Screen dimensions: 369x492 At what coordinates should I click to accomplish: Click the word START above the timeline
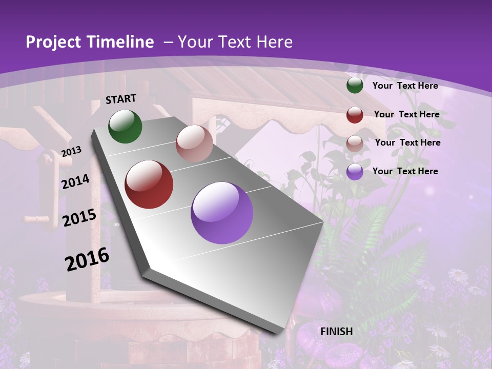point(121,99)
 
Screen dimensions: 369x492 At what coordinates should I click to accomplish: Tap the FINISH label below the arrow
point(337,332)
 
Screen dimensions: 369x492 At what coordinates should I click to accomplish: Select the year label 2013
point(71,151)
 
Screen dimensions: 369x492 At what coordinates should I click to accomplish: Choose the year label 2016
point(87,259)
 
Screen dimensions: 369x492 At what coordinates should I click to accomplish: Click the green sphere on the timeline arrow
point(125,126)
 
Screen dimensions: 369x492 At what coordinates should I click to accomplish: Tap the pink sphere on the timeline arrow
point(194,143)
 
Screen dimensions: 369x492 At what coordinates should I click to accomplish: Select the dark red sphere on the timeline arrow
point(149,184)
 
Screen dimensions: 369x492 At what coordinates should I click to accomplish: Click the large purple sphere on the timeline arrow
point(222,213)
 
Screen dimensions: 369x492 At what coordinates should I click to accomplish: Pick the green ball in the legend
point(355,86)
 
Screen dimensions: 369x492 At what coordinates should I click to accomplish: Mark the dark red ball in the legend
point(355,115)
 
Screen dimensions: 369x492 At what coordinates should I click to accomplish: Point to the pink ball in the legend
point(355,143)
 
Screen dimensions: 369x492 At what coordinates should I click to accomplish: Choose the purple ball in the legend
point(355,172)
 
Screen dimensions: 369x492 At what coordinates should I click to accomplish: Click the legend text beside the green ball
point(405,86)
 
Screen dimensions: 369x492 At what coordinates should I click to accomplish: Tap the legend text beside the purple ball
point(405,171)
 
